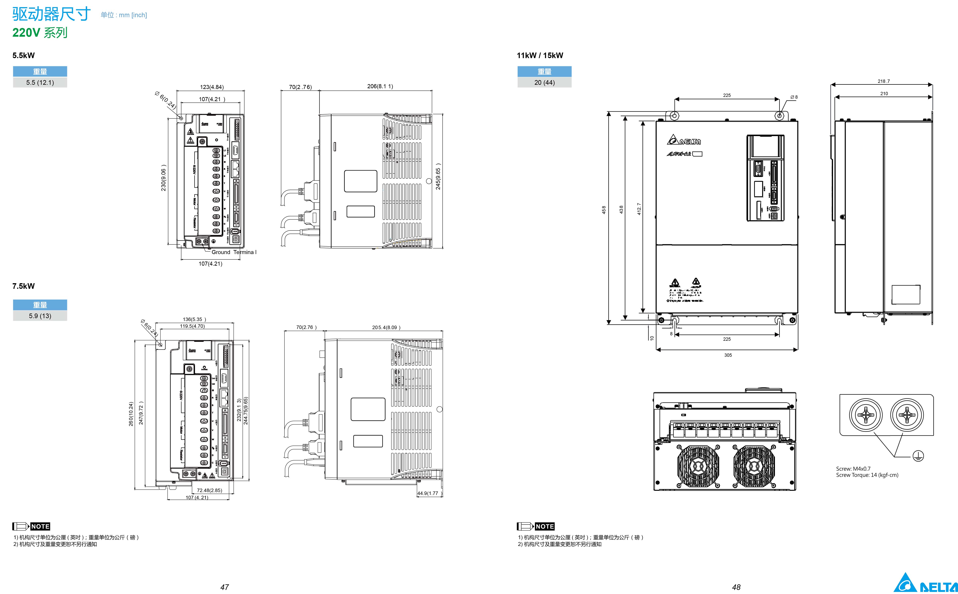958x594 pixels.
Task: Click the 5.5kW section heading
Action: point(24,55)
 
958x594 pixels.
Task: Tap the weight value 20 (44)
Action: point(544,82)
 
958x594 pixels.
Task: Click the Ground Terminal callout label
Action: point(234,252)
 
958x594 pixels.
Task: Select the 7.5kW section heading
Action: point(24,286)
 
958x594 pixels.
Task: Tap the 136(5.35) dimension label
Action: point(194,319)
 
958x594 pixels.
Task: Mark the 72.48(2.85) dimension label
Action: point(210,490)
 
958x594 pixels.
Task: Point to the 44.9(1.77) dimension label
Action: point(429,493)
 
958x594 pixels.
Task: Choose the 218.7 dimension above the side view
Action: point(884,81)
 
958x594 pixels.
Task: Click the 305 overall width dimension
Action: point(728,355)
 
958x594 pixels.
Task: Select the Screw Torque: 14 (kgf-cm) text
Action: point(867,475)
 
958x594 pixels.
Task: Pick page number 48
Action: point(736,587)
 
